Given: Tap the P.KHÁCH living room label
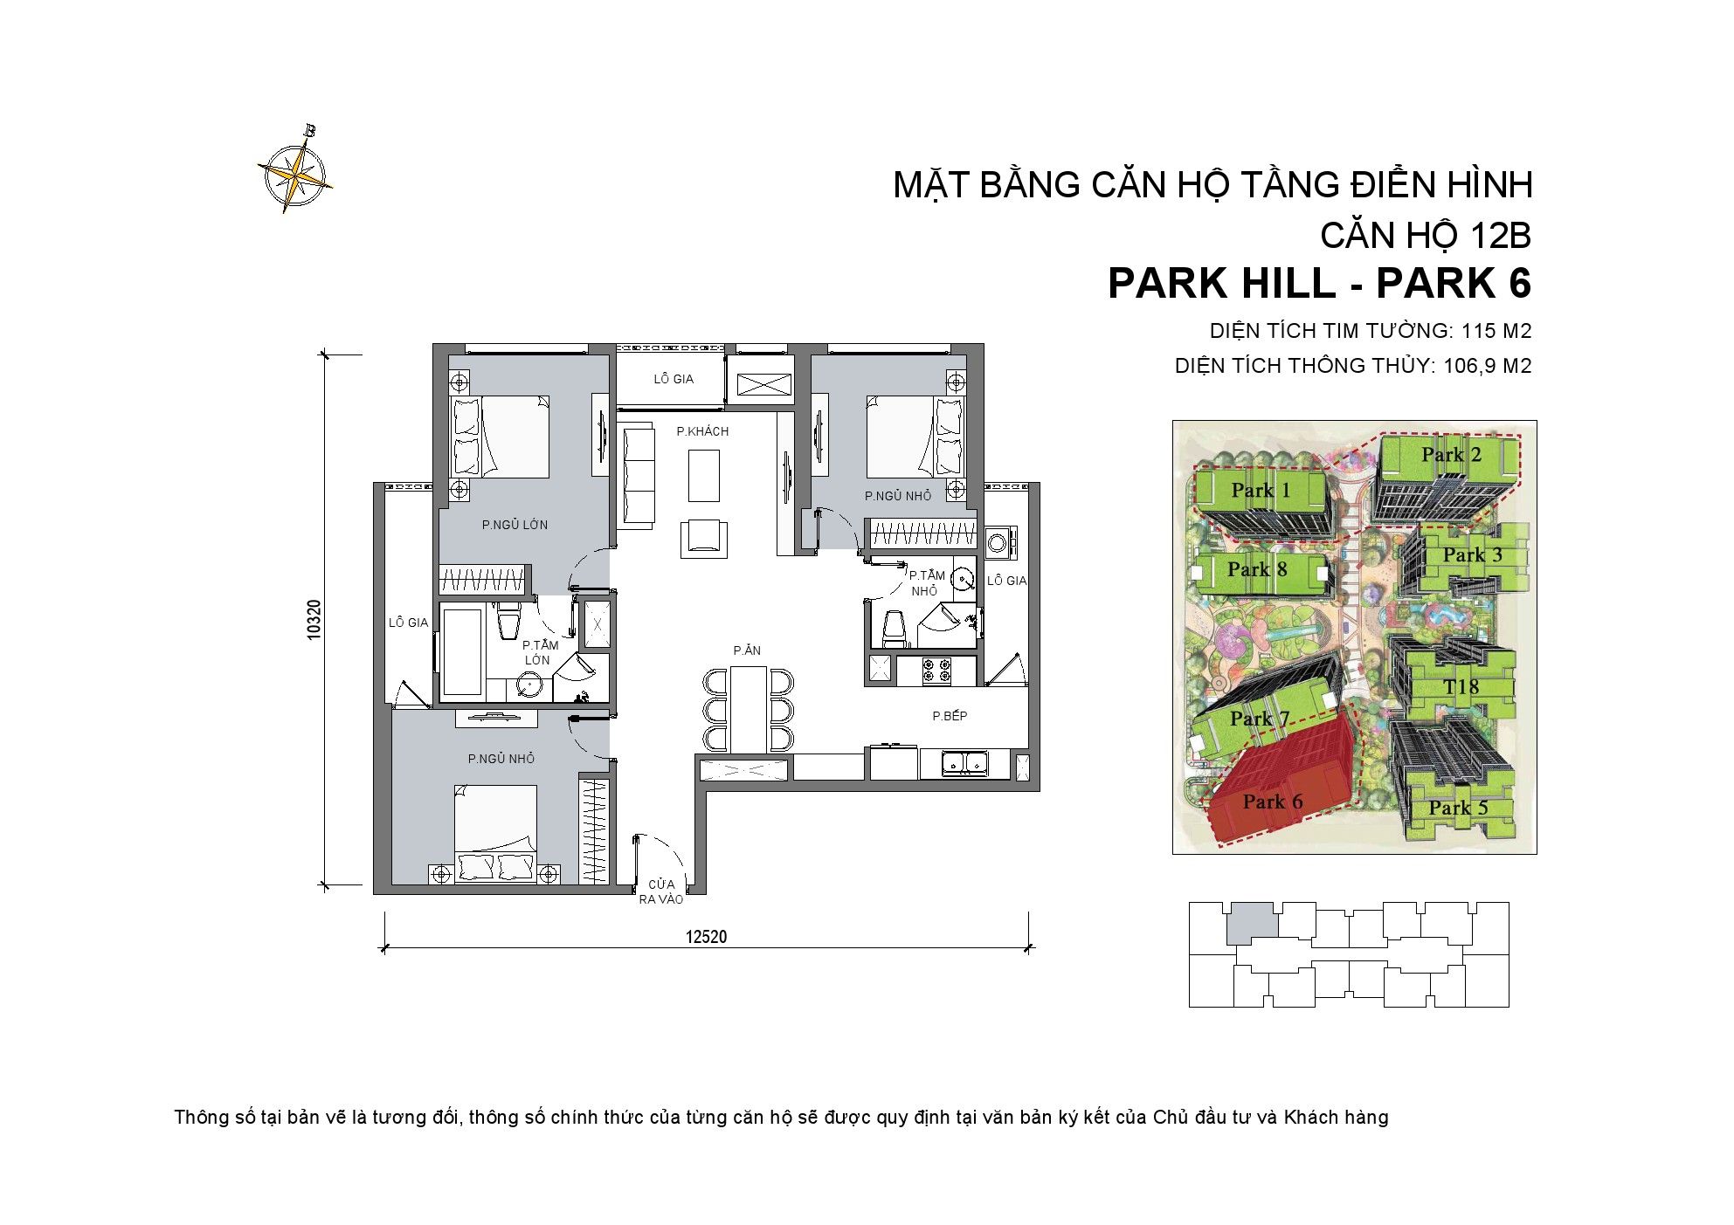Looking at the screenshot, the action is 702,431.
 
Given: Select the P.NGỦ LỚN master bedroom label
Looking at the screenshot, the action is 515,525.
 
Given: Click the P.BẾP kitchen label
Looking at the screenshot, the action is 950,716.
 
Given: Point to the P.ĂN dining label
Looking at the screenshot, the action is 747,650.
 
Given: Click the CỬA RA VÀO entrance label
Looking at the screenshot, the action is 660,891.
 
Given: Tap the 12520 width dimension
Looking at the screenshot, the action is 706,937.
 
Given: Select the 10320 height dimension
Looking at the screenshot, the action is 314,619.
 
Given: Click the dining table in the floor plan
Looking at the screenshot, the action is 749,709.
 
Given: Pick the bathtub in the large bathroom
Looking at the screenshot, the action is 462,652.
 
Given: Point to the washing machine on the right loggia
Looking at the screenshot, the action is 1000,542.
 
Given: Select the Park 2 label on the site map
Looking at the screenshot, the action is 1451,455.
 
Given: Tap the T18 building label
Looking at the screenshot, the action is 1461,687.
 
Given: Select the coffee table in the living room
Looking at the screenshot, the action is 703,476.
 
